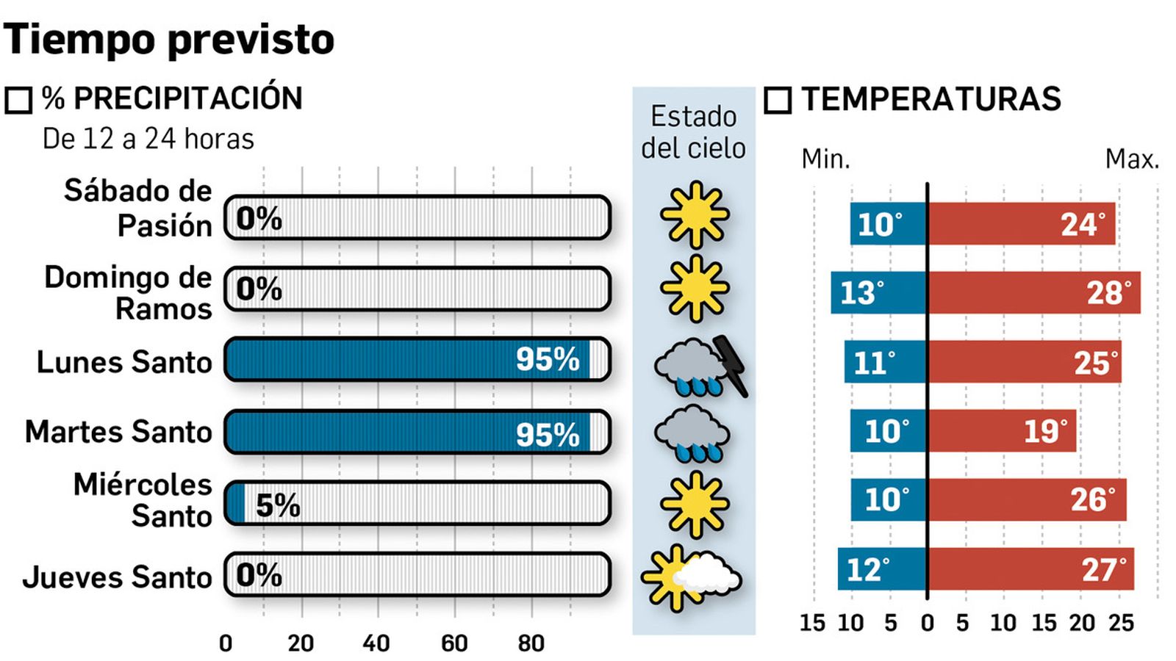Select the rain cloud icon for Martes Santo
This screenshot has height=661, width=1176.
[692, 433]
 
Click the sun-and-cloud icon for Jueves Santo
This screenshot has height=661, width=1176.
[691, 578]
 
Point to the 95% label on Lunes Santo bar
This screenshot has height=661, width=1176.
[548, 359]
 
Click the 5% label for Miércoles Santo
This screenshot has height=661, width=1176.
[278, 505]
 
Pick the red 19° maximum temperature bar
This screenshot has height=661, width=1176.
[1002, 431]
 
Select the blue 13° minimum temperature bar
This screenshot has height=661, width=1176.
[879, 292]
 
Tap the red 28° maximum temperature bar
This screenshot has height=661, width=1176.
[1034, 292]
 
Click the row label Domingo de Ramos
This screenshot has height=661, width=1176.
[129, 292]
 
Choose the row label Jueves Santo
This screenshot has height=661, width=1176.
[118, 577]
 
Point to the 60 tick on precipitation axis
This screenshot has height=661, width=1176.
[454, 643]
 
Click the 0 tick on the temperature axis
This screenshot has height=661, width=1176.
[928, 623]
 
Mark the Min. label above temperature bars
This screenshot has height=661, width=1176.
[825, 159]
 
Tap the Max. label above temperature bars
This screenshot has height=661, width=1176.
[1132, 159]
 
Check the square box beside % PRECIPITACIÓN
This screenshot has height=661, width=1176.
[19, 100]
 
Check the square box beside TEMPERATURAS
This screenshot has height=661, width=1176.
[778, 100]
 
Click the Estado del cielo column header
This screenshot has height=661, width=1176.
[693, 132]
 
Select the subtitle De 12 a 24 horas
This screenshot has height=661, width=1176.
[148, 139]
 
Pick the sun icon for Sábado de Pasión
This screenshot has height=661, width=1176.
[695, 214]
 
